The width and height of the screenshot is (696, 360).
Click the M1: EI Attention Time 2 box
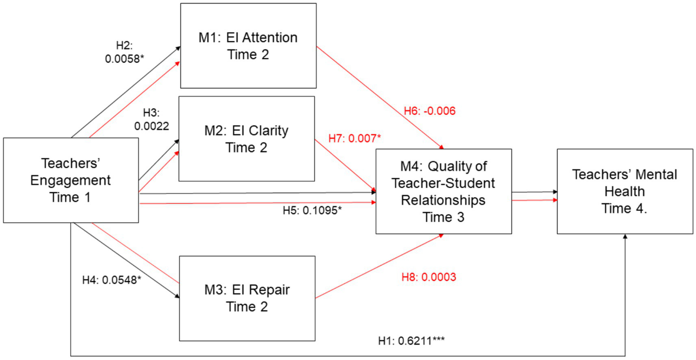click(x=248, y=46)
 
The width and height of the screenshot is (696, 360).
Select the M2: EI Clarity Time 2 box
click(x=246, y=139)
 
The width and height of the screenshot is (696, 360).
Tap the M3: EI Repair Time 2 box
click(x=247, y=298)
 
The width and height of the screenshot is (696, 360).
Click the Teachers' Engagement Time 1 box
click(x=71, y=180)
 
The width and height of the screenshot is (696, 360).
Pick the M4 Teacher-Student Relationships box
click(x=443, y=191)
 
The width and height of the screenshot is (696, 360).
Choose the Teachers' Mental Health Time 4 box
click(x=624, y=191)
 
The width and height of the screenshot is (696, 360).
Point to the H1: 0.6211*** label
click(x=411, y=341)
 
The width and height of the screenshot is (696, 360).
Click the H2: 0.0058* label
click(x=124, y=52)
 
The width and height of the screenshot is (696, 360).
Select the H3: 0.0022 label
click(x=151, y=120)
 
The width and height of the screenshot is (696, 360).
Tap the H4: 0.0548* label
click(x=112, y=280)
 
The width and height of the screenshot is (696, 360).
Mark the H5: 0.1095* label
click(x=312, y=210)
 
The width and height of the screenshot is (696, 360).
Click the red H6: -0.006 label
click(x=429, y=111)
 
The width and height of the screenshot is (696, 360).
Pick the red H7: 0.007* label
click(x=355, y=138)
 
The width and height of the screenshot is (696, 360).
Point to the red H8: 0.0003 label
click(x=428, y=277)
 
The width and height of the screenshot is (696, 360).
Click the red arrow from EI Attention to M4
click(x=379, y=97)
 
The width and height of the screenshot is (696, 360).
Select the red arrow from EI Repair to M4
click(x=379, y=267)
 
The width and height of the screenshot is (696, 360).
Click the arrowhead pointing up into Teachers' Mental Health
click(x=625, y=237)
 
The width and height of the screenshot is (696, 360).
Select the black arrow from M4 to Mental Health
click(x=534, y=192)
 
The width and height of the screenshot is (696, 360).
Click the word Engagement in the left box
click(x=71, y=180)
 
